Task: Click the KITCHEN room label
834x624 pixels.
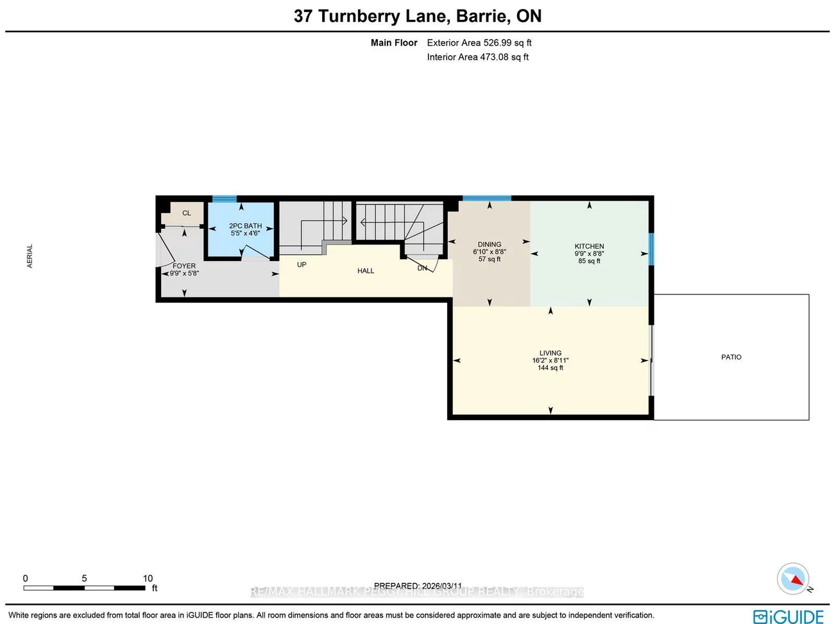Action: coord(589,246)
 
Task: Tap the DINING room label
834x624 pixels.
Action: coord(489,244)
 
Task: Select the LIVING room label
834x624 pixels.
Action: coord(550,353)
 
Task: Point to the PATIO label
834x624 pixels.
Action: coord(731,357)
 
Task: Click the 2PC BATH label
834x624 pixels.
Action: coord(245,226)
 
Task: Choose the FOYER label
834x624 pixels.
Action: coord(184,266)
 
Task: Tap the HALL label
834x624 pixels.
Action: coord(366,271)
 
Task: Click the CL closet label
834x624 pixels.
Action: coord(187,213)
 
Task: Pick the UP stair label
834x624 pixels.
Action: coord(302,264)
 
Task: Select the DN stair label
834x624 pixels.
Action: coord(422,268)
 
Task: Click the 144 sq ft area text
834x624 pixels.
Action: coord(550,368)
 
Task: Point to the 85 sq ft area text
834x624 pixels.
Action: coord(589,261)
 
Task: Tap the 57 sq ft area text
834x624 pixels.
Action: coord(489,259)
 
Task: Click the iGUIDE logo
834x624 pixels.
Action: coord(788,616)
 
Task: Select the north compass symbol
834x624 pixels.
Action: coord(793,579)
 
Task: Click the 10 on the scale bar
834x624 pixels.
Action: coord(148,578)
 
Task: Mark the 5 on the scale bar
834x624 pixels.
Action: coord(84,578)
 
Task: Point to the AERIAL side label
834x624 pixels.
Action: coord(30,256)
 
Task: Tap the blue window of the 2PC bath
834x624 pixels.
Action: coord(225,199)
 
